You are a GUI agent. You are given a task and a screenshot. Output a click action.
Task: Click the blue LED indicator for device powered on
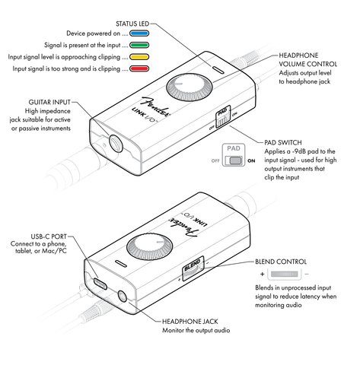point(139,33)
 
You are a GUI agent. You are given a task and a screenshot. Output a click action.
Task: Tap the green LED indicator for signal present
point(139,45)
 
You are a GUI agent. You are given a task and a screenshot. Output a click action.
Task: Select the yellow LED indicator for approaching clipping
point(139,57)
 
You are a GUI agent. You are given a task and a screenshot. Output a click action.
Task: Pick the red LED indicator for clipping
point(139,68)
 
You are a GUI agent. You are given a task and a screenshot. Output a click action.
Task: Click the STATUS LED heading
point(132,24)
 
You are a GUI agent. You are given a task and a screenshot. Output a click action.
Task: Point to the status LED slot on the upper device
point(218,70)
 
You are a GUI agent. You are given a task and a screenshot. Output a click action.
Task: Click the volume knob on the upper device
point(189,87)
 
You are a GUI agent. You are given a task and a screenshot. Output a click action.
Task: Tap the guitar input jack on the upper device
point(116,143)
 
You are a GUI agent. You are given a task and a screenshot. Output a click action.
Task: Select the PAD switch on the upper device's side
point(223,117)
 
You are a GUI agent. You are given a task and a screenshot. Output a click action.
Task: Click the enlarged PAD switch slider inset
point(234,160)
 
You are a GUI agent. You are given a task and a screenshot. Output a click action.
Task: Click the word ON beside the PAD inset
point(251,160)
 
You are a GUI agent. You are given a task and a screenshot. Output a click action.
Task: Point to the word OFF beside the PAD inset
point(215,160)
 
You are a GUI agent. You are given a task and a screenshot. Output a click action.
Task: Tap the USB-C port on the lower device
point(100,284)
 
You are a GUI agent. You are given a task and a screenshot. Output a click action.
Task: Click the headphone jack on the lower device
point(123,296)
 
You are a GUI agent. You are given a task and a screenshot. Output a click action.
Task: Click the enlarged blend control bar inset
point(284,274)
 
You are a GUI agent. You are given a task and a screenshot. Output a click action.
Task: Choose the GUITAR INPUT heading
point(49,102)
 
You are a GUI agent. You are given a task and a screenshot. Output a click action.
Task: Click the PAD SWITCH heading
point(283,142)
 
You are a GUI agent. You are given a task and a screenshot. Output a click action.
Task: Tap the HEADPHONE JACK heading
point(190,322)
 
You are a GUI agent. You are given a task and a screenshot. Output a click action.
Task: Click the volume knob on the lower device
point(150,247)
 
